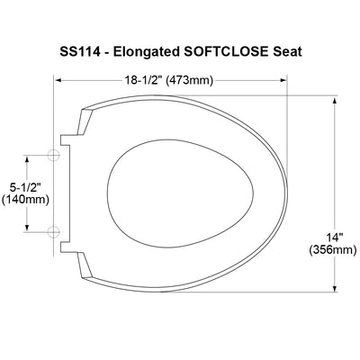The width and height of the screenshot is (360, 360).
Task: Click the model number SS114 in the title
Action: (80, 51)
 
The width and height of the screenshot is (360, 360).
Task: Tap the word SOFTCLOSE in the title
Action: (225, 51)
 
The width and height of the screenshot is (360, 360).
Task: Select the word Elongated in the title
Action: (146, 52)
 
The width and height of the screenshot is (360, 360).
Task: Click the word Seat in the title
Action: (287, 51)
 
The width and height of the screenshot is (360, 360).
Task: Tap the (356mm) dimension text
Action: (333, 249)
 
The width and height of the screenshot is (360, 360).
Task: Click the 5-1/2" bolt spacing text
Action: (25, 187)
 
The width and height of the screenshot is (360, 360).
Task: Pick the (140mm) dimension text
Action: (25, 199)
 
